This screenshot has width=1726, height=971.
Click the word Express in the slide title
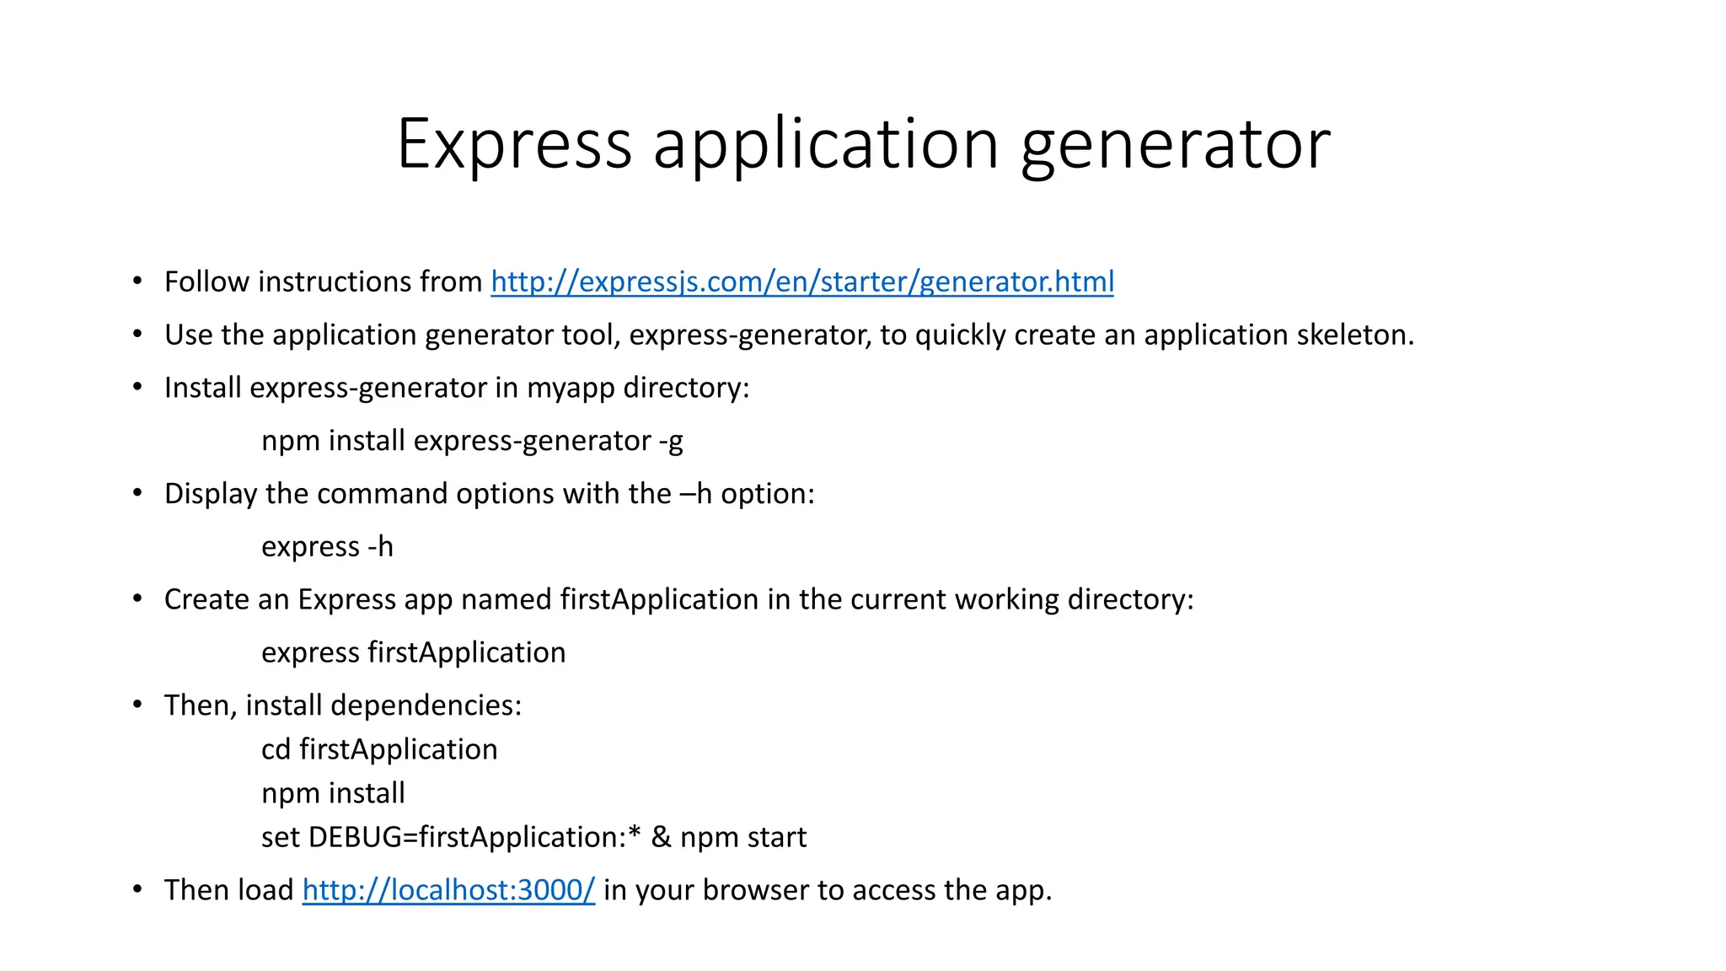coord(514,145)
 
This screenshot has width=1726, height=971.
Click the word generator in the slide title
coord(1176,145)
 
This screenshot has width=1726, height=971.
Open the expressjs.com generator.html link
coord(801,282)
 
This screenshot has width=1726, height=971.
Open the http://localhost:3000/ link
coord(448,890)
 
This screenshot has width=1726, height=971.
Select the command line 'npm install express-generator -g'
coord(472,441)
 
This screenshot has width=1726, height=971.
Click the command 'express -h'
coord(327,547)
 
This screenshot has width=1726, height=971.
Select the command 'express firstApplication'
coord(413,652)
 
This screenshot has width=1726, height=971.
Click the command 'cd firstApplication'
coord(379,749)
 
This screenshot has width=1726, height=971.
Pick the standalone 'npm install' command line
coord(333,793)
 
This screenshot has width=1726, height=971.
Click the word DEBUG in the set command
coord(355,837)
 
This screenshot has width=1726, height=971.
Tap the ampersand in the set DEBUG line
coord(661,837)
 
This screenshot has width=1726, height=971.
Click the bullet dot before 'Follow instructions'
coord(137,282)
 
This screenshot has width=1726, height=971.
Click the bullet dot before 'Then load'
coord(137,890)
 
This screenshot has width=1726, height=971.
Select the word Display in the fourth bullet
coord(210,494)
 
